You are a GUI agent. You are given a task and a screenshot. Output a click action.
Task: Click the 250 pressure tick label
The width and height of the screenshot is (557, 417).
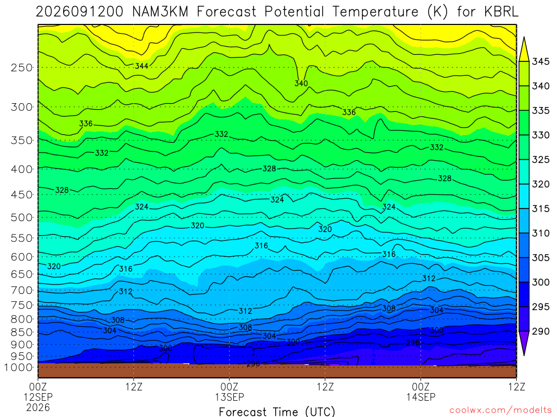pos(22,67)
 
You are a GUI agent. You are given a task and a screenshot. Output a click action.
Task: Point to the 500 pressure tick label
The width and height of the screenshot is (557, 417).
pos(22,217)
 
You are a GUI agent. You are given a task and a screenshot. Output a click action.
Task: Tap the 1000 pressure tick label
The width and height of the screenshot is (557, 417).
pos(19,368)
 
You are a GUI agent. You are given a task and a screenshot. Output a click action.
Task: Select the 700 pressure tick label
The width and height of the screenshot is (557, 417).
pos(22,290)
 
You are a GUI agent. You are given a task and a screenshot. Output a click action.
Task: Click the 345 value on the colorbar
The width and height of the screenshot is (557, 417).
pos(541,62)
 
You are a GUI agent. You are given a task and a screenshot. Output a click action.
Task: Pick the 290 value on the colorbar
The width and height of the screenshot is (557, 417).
pos(541,331)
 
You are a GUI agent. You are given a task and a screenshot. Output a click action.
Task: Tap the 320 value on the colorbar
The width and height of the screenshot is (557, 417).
pos(541,184)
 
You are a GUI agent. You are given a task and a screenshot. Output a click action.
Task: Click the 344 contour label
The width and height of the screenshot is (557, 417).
pos(141,66)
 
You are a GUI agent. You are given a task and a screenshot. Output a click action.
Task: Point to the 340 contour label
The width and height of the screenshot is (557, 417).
pos(301,83)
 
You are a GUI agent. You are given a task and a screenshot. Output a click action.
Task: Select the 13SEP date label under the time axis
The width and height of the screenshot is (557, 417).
pos(230,397)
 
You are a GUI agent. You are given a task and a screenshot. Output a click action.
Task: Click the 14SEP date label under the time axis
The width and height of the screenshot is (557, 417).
pos(421,397)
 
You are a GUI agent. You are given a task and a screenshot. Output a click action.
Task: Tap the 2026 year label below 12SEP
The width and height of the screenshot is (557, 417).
pos(38,407)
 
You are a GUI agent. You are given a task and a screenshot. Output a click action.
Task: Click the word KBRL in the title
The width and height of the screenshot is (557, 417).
pos(501,12)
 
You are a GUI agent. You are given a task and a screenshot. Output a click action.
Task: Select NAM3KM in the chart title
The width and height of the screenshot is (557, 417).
pos(160,12)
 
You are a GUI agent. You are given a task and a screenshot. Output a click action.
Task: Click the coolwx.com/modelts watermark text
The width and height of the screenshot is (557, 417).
pos(500,410)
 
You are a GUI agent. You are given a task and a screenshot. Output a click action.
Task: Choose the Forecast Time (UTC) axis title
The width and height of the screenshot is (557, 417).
pos(277,412)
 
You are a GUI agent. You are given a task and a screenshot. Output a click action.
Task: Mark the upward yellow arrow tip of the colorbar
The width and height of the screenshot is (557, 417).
pos(524,37)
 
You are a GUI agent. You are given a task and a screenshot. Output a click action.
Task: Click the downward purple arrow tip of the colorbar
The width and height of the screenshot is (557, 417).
pos(524,355)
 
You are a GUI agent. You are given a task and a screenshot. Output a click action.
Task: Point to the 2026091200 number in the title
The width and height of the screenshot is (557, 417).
pos(79,12)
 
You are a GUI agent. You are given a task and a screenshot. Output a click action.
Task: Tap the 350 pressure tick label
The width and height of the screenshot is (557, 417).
pos(22,141)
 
